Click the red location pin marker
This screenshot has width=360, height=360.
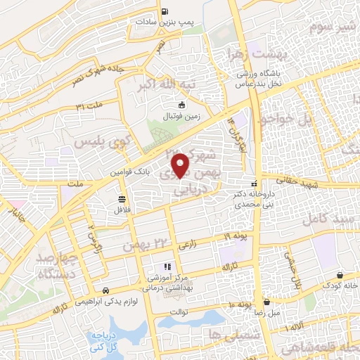181,165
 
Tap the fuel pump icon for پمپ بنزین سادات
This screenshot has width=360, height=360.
165,11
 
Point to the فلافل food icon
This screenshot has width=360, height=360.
122,199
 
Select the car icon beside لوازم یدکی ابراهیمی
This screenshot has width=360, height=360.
105,290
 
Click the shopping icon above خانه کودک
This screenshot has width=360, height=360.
340,275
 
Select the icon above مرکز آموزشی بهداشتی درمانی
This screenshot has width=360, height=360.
167,266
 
